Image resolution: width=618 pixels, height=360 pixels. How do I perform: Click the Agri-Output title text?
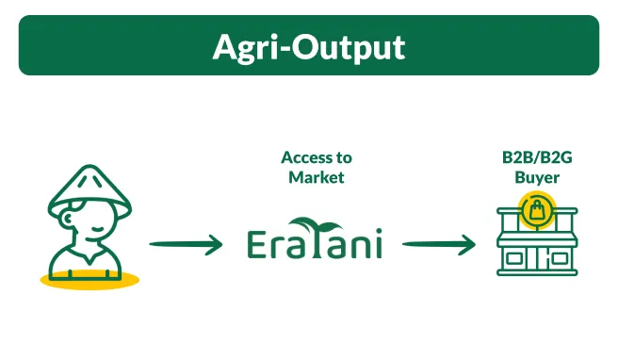[x=308, y=46]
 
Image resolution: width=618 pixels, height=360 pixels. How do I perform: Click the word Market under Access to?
[x=317, y=177]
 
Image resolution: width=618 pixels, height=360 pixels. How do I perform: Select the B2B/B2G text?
[x=536, y=157]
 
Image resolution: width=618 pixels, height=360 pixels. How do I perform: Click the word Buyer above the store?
[x=536, y=177]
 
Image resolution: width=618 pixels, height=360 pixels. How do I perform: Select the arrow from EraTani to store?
[x=438, y=245]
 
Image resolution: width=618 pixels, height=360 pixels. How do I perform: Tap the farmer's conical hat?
[x=89, y=188]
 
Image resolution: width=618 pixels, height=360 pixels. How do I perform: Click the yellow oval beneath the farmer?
[x=89, y=280]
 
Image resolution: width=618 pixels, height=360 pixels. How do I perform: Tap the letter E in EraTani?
[x=259, y=243]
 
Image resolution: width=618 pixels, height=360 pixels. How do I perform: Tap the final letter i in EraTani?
[x=377, y=244]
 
